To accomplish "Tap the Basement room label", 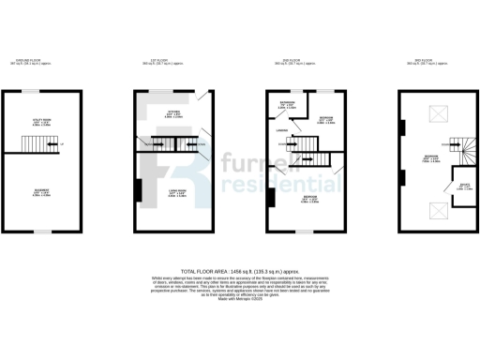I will coord(41,194).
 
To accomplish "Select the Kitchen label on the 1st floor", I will coord(174,114).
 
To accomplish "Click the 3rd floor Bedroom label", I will coord(431,157).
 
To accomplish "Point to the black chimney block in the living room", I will coord(139,191).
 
